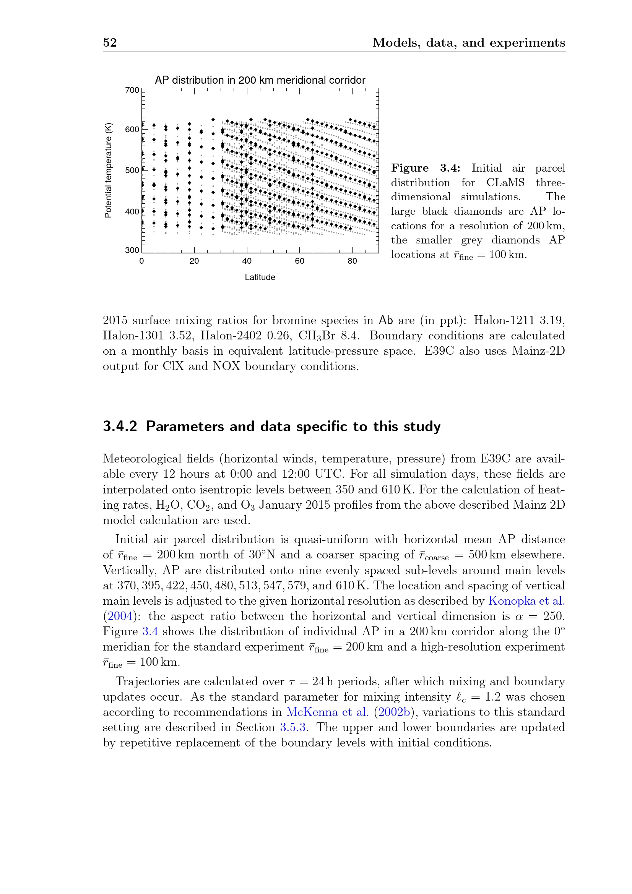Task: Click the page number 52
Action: [x=110, y=42]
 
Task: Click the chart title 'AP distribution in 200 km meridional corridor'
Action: [x=260, y=80]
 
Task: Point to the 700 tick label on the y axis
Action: [x=132, y=90]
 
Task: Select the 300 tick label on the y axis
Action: [x=132, y=250]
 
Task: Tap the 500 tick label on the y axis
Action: [x=132, y=170]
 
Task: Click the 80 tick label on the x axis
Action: [x=352, y=261]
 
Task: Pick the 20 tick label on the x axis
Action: [x=194, y=261]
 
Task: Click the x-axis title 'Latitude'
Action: [x=260, y=277]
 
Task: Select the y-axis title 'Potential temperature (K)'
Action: [x=108, y=170]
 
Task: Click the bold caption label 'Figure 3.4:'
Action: [x=426, y=168]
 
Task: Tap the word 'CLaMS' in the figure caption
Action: [x=505, y=183]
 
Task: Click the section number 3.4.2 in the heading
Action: [x=120, y=427]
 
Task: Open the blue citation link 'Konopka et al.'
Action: [x=526, y=601]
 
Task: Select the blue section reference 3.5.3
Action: [x=293, y=727]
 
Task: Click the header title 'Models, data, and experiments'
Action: [x=468, y=42]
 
